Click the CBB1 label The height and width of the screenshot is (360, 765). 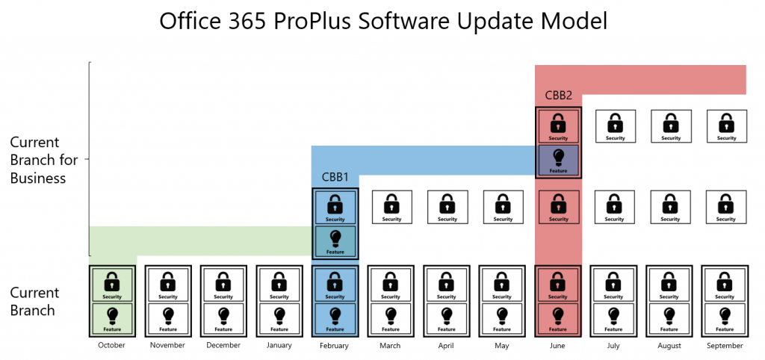(x=335, y=177)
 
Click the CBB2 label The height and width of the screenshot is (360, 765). (x=558, y=96)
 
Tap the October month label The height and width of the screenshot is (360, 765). (x=111, y=345)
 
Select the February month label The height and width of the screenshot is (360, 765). (x=334, y=346)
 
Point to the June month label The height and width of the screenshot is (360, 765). (x=558, y=346)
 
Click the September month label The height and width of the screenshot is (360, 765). (x=725, y=346)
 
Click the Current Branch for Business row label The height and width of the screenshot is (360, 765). (x=38, y=160)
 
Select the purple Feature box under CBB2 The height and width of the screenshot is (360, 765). (x=558, y=160)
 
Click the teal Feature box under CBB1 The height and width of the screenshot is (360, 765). (x=335, y=241)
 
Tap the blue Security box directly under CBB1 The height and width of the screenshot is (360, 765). (x=335, y=208)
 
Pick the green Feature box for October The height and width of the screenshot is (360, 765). (x=112, y=318)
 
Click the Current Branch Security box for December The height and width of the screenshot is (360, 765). (x=223, y=284)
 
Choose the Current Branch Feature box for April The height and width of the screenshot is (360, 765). (x=446, y=318)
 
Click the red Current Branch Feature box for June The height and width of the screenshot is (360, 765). (x=558, y=318)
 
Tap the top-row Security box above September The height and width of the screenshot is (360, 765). (x=726, y=126)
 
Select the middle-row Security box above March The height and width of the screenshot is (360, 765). (x=391, y=208)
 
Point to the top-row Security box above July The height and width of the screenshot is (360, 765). (x=616, y=126)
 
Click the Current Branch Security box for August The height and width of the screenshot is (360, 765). (x=669, y=284)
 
